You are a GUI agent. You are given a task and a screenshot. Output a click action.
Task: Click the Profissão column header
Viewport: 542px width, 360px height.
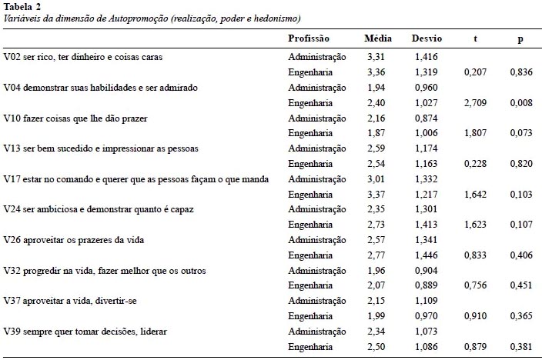[309, 38]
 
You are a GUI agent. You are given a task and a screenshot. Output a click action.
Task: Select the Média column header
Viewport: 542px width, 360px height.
[378, 38]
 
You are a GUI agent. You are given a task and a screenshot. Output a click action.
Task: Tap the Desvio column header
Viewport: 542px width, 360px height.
[427, 38]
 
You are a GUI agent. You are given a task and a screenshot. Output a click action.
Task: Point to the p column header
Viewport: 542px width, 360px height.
[520, 39]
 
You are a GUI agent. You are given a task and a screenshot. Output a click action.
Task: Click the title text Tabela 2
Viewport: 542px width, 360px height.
[22, 7]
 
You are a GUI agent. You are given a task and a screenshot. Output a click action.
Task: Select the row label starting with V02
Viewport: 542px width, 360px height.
[83, 57]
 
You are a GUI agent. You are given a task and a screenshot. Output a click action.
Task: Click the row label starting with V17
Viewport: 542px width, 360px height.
[135, 179]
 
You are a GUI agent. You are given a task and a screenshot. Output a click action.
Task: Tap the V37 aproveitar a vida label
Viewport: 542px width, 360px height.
[70, 301]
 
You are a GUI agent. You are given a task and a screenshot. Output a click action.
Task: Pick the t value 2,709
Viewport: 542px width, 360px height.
[475, 102]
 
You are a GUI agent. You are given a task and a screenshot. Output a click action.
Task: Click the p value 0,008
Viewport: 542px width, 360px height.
[521, 102]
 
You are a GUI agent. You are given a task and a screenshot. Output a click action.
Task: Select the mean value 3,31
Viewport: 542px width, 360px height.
[376, 57]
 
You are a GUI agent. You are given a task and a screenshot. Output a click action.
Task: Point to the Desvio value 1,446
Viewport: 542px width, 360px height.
[427, 255]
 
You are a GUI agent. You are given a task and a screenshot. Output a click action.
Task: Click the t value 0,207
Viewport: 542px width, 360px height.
[475, 72]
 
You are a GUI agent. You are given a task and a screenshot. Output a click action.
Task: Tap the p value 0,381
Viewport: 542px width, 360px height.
[521, 346]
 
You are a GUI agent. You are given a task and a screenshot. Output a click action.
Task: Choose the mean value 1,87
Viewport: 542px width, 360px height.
[376, 133]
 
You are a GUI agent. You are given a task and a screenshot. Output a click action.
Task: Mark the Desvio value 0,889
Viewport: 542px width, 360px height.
[427, 285]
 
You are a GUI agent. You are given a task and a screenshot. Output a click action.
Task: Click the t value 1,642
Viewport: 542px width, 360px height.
[475, 195]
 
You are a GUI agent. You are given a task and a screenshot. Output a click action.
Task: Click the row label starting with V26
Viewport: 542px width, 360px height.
[74, 240]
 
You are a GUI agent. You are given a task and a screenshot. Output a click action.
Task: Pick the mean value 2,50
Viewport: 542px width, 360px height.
[376, 346]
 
